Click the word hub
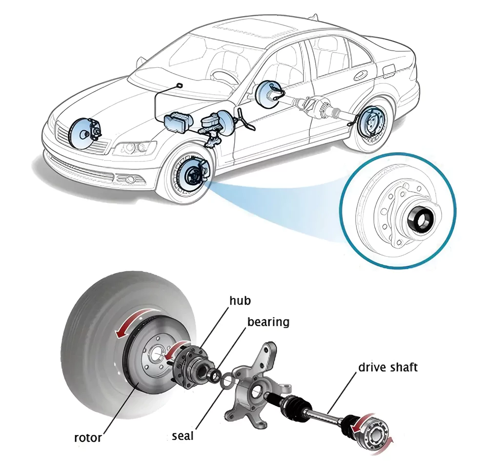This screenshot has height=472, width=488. (240, 300)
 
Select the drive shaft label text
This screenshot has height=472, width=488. (388, 367)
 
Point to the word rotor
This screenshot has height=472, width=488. (88, 437)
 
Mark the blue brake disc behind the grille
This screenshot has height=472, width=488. (82, 131)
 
